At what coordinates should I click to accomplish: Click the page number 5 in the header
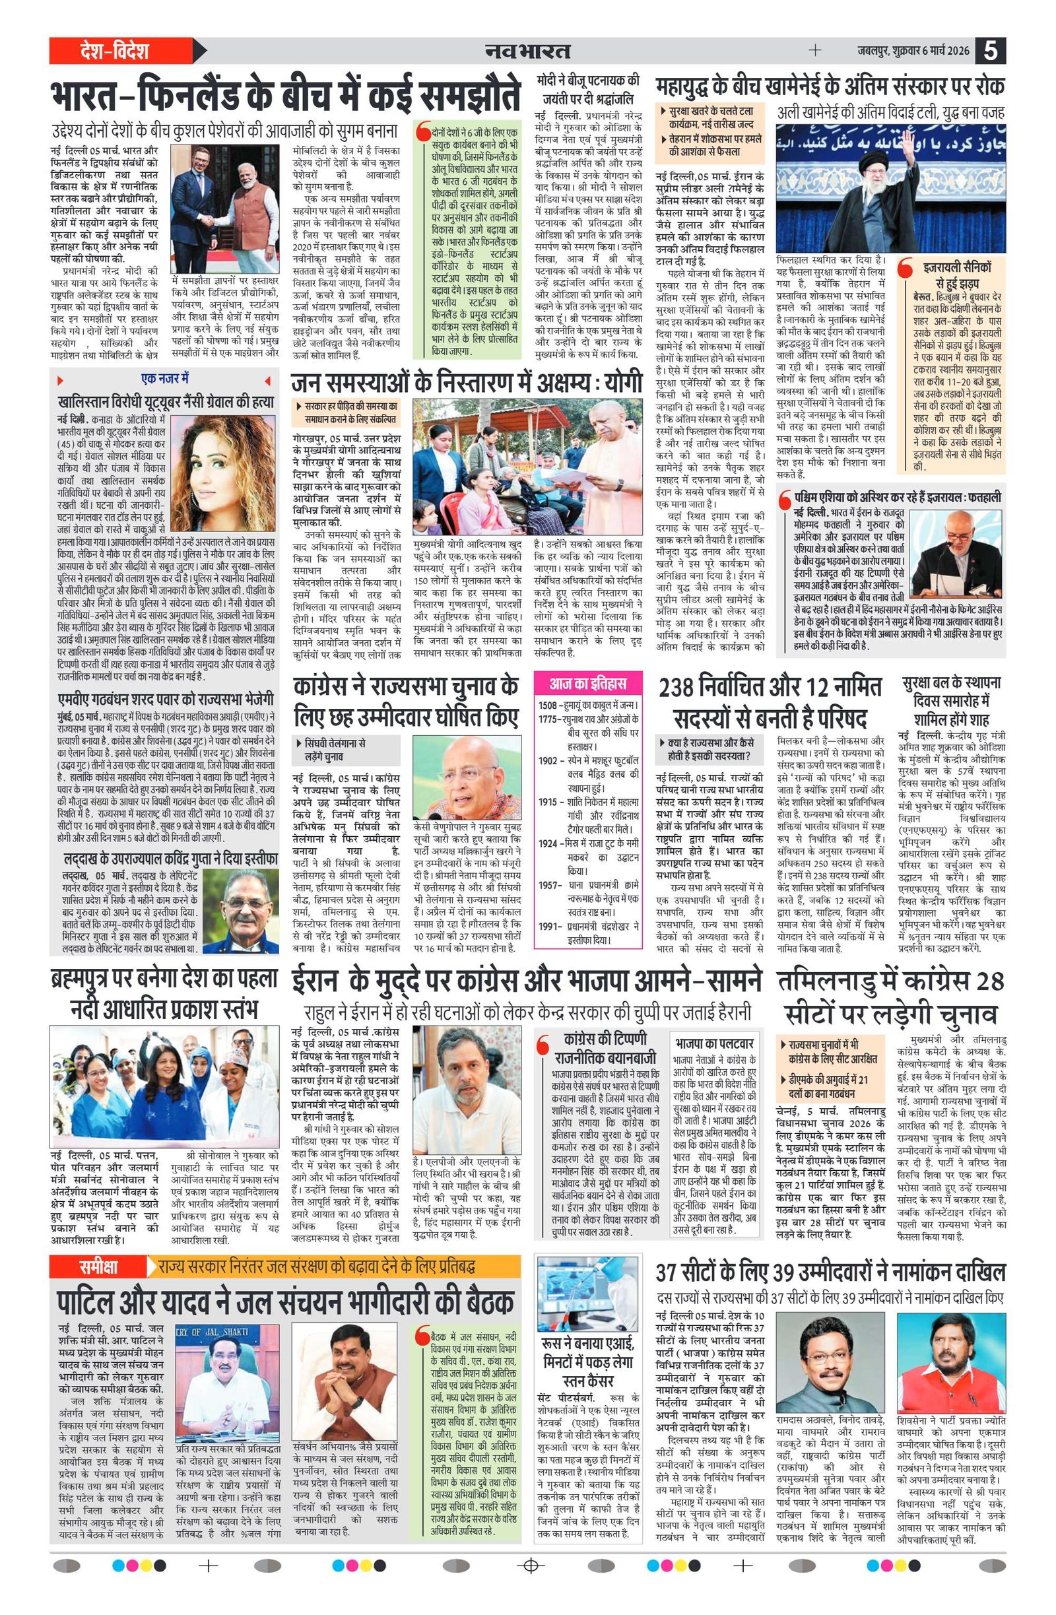[x=991, y=51]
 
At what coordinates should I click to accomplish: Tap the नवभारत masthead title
[x=527, y=51]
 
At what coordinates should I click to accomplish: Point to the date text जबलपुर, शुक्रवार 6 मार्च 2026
[x=912, y=51]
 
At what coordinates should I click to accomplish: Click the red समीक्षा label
[x=97, y=1267]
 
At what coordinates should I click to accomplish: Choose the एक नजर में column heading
[x=165, y=378]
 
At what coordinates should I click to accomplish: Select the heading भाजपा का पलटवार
[x=715, y=1043]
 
